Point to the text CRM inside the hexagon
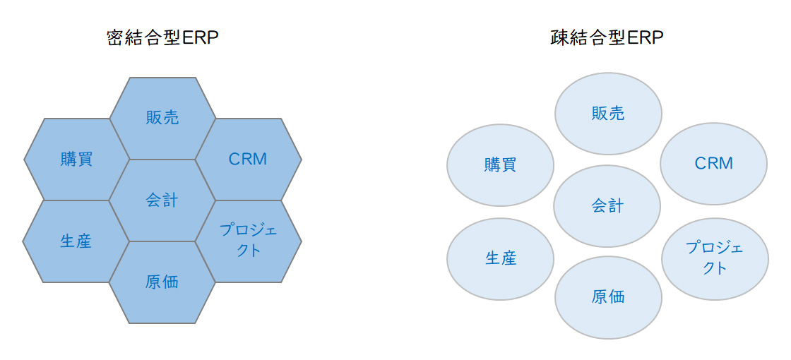tap(249, 159)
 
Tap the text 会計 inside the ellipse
tap(607, 206)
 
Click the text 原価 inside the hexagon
tap(162, 282)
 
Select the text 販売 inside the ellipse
tap(608, 113)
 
